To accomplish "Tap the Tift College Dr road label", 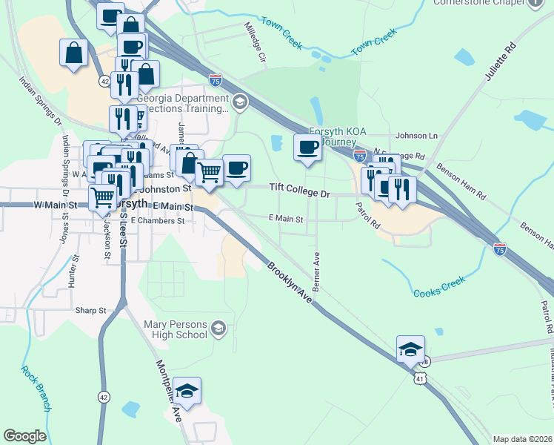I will [298, 190].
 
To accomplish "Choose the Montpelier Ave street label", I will [168, 392].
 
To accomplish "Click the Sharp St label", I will [91, 310].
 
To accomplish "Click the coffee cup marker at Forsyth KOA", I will [307, 147].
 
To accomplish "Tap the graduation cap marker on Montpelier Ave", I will [187, 390].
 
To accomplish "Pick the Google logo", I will [24, 436].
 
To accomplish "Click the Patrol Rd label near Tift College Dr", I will [366, 215].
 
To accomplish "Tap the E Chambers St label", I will [157, 221].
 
